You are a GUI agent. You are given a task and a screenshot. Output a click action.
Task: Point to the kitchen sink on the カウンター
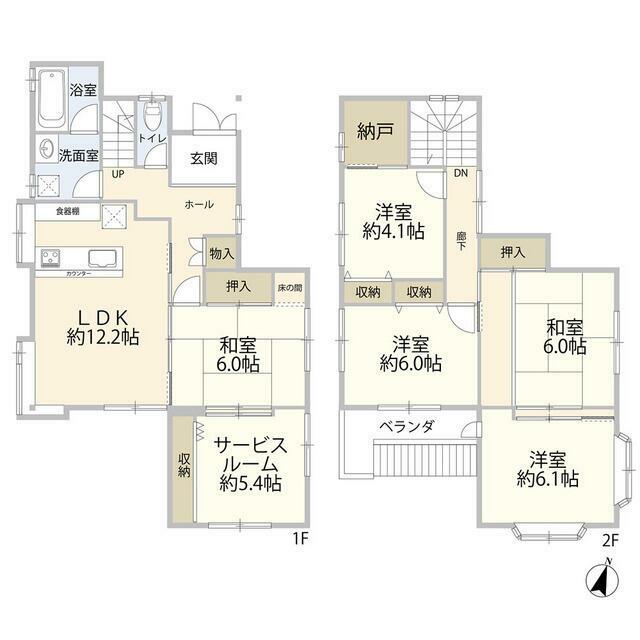click(101, 255)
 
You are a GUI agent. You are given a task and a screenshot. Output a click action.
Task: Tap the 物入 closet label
click(221, 254)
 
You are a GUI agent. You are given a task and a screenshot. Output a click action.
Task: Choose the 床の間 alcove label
click(289, 287)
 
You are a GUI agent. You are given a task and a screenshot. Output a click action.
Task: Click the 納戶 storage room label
click(376, 132)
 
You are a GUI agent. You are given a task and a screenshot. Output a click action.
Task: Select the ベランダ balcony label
click(406, 427)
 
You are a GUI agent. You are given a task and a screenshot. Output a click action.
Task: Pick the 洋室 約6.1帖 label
click(548, 469)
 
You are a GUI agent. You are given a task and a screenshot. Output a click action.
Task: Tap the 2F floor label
click(610, 540)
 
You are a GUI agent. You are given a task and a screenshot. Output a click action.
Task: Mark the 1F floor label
click(298, 540)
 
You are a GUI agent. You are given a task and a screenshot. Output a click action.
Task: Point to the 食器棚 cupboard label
click(67, 211)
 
